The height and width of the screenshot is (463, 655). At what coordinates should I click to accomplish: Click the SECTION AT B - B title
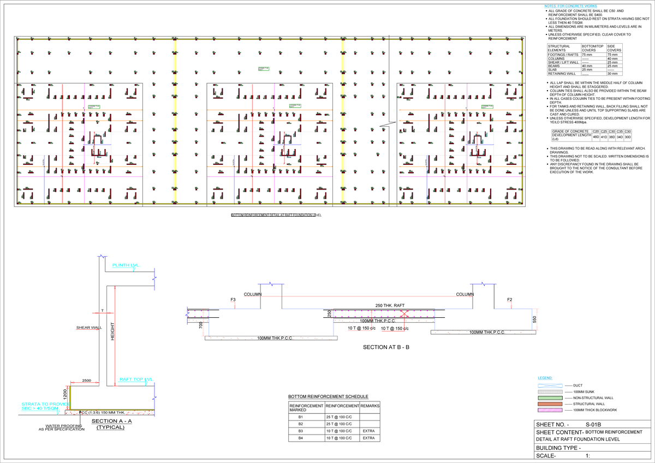click(x=386, y=347)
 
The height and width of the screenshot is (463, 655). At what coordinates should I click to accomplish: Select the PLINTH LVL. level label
click(x=126, y=265)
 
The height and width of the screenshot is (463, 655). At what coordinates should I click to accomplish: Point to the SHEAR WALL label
click(x=89, y=328)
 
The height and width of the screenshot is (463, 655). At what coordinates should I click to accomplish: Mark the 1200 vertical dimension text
click(x=65, y=393)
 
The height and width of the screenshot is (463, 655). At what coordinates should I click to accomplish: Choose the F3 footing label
click(x=233, y=300)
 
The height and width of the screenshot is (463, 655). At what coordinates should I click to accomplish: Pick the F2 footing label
click(x=510, y=300)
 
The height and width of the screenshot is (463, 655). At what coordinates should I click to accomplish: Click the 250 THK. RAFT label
click(x=389, y=305)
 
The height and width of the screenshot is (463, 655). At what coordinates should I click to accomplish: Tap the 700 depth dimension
click(x=201, y=325)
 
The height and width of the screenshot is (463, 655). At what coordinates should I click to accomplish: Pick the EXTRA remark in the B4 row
click(x=370, y=438)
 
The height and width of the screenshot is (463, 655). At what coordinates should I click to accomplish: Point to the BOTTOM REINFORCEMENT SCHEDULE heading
click(x=328, y=396)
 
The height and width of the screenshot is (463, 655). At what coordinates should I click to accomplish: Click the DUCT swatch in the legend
click(x=550, y=385)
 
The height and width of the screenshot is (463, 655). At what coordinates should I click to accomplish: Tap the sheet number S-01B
click(x=593, y=424)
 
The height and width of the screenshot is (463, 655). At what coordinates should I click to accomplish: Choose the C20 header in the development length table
click(x=596, y=132)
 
